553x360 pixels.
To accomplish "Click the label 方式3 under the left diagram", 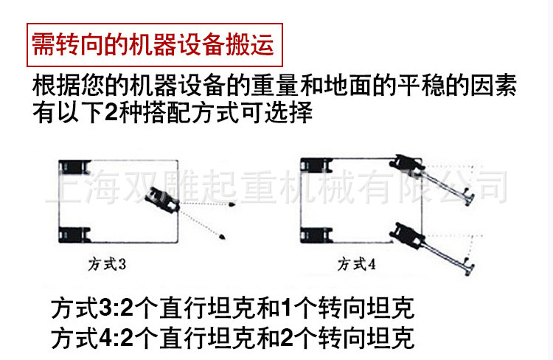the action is click(x=113, y=261).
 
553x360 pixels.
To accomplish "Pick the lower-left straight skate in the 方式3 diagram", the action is click(x=74, y=235).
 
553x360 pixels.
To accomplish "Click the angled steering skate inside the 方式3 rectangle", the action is click(x=161, y=200).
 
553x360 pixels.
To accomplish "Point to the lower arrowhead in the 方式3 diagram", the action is click(x=222, y=235).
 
